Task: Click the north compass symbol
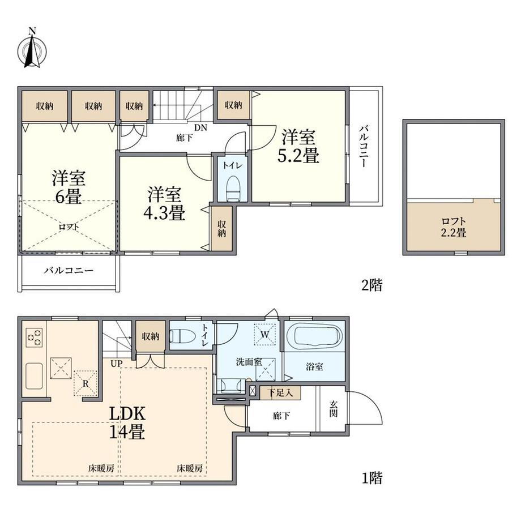click(x=32, y=49)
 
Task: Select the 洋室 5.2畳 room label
click(x=298, y=147)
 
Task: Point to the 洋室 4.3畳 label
click(x=164, y=204)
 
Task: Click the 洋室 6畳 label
click(x=69, y=187)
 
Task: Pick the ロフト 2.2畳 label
click(x=454, y=227)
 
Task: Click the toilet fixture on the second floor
click(x=233, y=189)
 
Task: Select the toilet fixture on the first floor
click(x=182, y=336)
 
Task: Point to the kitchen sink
click(x=34, y=376)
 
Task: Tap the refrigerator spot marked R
click(x=86, y=383)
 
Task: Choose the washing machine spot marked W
click(x=265, y=334)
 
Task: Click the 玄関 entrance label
click(x=334, y=409)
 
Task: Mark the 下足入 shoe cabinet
click(x=280, y=393)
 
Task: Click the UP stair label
click(x=116, y=364)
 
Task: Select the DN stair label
click(x=200, y=127)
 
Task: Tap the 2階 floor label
click(x=372, y=285)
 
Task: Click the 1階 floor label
click(x=372, y=478)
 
